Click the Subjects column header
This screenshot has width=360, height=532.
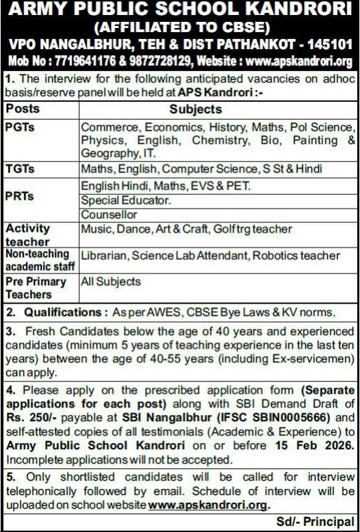coord(195,109)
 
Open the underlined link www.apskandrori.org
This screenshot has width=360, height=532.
coord(209,506)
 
